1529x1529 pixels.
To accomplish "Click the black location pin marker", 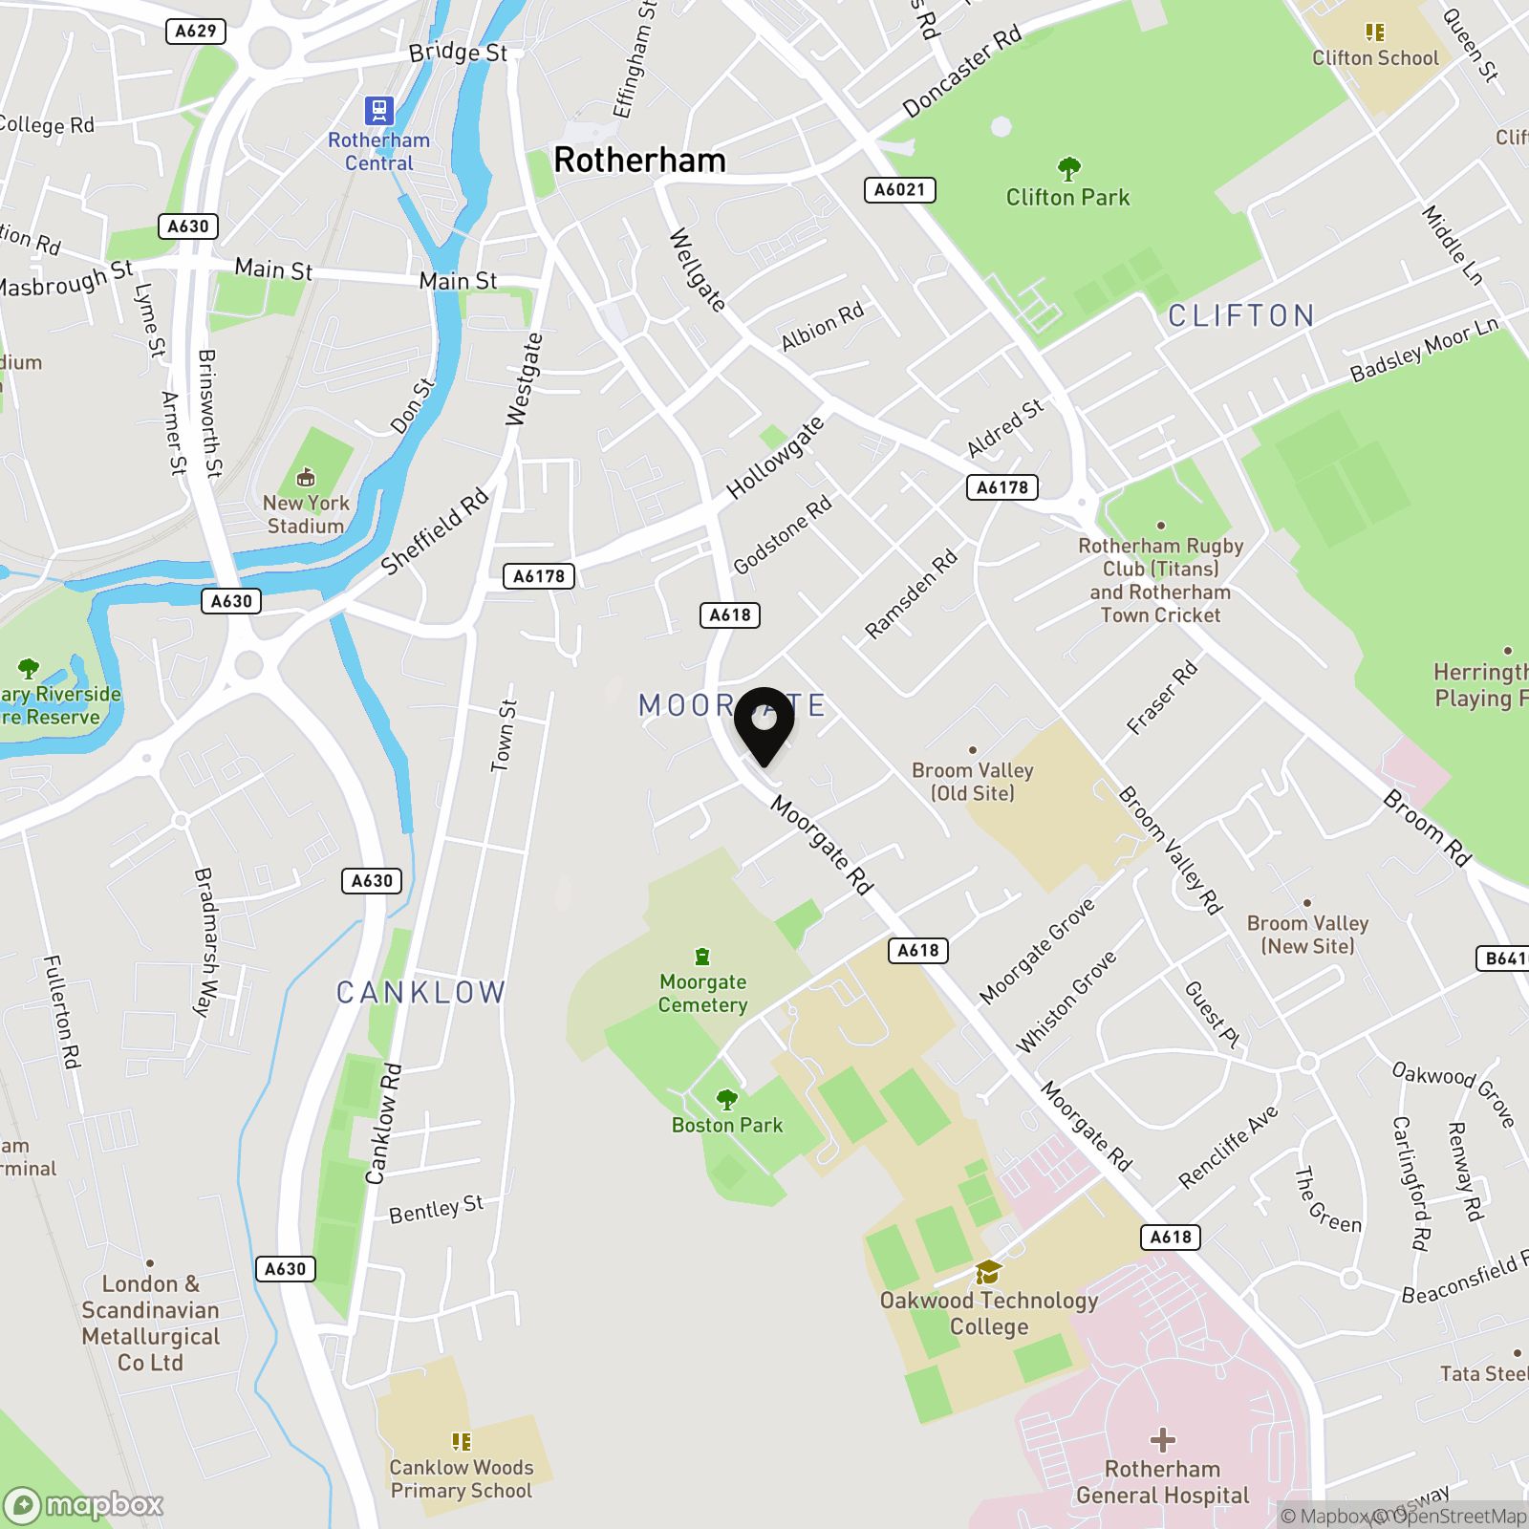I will tap(764, 724).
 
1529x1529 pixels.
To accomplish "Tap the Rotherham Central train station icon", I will tap(379, 110).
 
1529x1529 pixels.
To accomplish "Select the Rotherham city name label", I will tap(639, 160).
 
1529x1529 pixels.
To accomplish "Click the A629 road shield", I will tap(197, 31).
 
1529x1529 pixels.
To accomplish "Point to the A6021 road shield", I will tap(900, 189).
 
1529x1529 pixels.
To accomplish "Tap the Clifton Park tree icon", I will tap(1068, 170).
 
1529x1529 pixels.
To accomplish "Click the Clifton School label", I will tap(1375, 58).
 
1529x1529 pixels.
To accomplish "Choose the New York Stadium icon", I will tap(306, 476).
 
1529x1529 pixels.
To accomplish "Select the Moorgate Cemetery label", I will tap(703, 993).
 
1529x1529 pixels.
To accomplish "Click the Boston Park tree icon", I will tap(727, 1100).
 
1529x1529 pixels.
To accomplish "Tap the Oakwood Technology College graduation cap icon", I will tap(988, 1273).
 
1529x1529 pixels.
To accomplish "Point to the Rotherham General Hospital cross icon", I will tap(1163, 1439).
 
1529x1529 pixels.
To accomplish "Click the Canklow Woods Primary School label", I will tap(462, 1478).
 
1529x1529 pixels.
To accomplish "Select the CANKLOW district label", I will tap(420, 993).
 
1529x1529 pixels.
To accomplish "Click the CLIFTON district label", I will tap(1241, 315).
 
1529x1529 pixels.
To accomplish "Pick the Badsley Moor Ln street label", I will tap(1424, 350).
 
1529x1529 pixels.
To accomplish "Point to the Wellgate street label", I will tap(698, 269).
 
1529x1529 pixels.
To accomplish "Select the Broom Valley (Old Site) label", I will tap(973, 782).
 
